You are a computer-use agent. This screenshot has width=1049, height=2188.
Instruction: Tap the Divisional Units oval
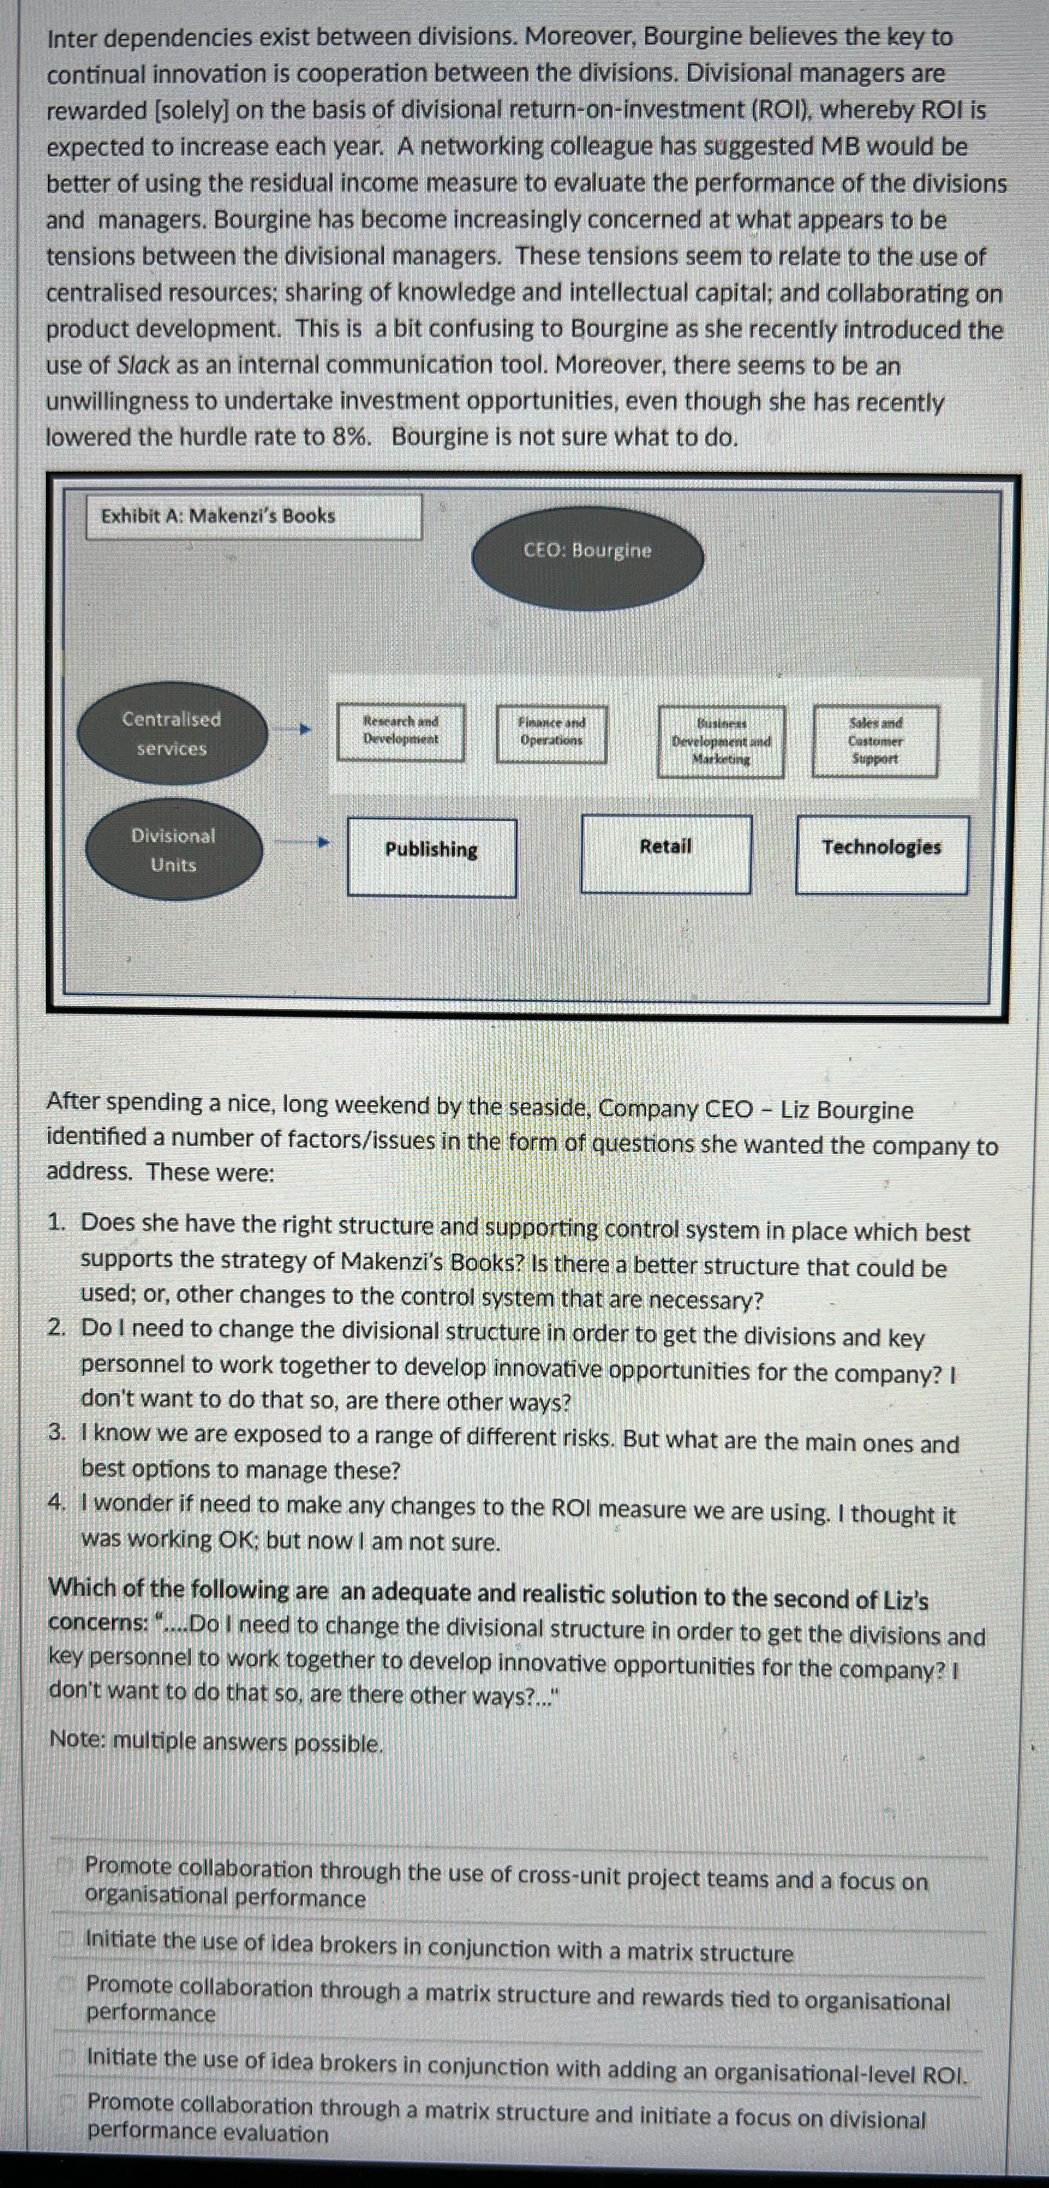click(x=174, y=849)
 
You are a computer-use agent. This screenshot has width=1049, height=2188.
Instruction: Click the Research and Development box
click(x=401, y=732)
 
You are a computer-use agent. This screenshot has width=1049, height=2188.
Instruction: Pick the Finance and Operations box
click(x=551, y=733)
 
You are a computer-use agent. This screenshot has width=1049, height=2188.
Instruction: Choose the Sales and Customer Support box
click(x=875, y=741)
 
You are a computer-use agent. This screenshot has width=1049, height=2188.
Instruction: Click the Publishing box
click(x=432, y=856)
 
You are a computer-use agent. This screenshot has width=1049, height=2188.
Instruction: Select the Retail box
click(x=666, y=853)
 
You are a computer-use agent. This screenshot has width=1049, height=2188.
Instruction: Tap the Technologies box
click(x=881, y=855)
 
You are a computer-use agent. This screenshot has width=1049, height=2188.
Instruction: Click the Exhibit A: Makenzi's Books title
click(x=219, y=515)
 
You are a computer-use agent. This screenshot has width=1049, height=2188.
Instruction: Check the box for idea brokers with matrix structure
click(x=64, y=1940)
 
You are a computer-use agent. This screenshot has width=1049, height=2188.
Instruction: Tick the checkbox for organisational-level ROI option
click(x=65, y=2059)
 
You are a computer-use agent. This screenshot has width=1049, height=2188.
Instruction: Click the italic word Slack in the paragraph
click(x=144, y=365)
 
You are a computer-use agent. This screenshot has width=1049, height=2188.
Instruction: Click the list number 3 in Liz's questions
click(x=56, y=1433)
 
